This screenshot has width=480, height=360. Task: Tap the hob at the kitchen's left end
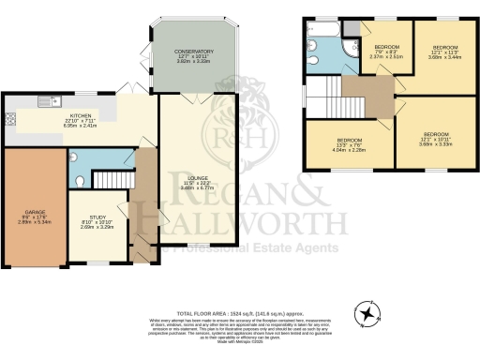(9, 119)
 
